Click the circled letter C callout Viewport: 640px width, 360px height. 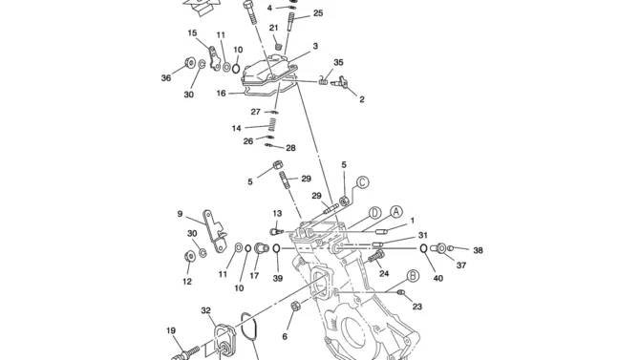(x=362, y=182)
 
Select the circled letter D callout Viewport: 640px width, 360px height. (x=374, y=213)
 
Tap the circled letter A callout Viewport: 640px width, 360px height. (x=395, y=212)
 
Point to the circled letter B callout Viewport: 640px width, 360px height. (x=413, y=276)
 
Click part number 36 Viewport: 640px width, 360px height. (x=166, y=78)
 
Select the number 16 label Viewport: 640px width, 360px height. (x=221, y=94)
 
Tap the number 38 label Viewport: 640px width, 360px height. (x=478, y=250)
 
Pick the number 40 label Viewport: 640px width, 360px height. (x=437, y=279)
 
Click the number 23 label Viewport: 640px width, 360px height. (x=416, y=307)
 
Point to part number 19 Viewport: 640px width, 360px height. (x=171, y=330)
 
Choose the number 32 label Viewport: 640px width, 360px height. (x=206, y=310)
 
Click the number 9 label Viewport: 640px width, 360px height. (x=180, y=214)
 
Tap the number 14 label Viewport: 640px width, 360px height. (x=236, y=128)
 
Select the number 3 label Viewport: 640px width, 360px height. (x=315, y=46)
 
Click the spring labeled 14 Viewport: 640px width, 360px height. (x=272, y=125)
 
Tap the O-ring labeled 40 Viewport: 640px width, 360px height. (x=424, y=247)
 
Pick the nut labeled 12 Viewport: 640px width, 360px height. (x=189, y=256)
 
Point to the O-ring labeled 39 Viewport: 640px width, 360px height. (x=276, y=248)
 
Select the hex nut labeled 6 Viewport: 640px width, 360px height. (x=295, y=306)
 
